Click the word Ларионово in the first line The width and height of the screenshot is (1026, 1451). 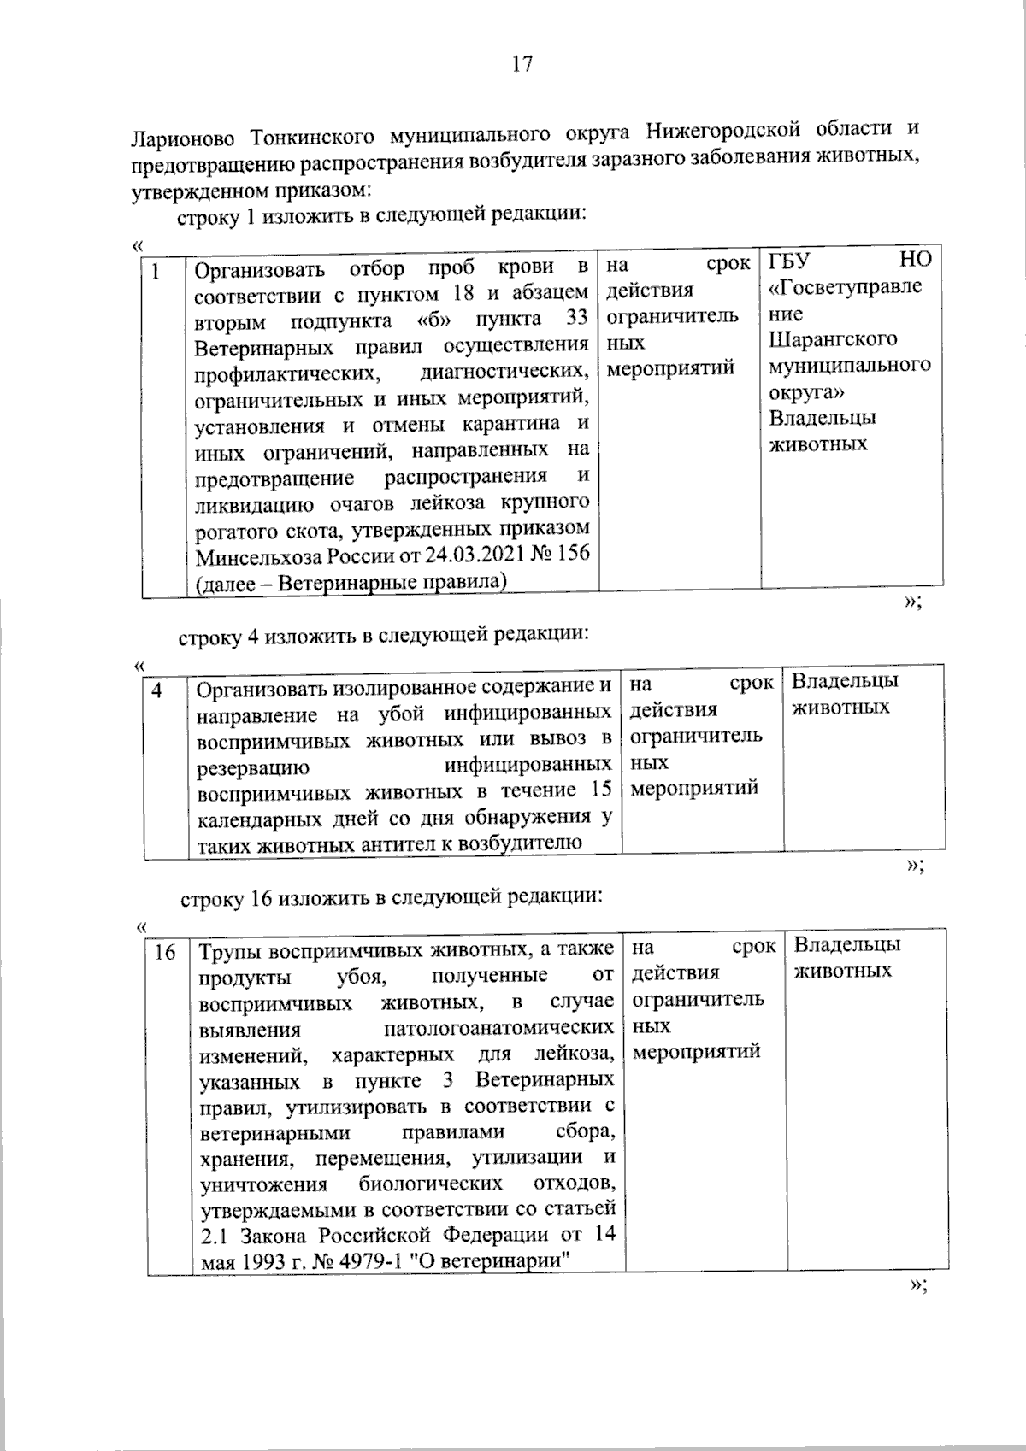(183, 137)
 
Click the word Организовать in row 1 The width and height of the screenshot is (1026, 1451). (260, 271)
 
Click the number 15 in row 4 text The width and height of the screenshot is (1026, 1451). (601, 790)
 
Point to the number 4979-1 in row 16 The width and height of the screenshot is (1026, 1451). (369, 1260)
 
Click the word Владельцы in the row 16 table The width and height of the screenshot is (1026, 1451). (846, 945)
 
